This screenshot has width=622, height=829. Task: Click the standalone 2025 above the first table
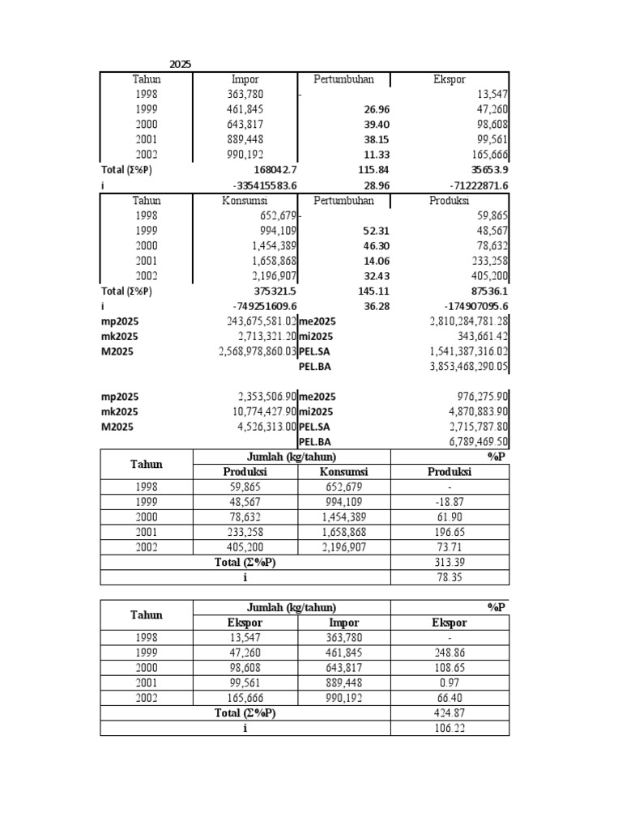(x=181, y=64)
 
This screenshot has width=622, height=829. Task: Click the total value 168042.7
(x=270, y=170)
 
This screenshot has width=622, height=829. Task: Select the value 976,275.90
(x=479, y=397)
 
